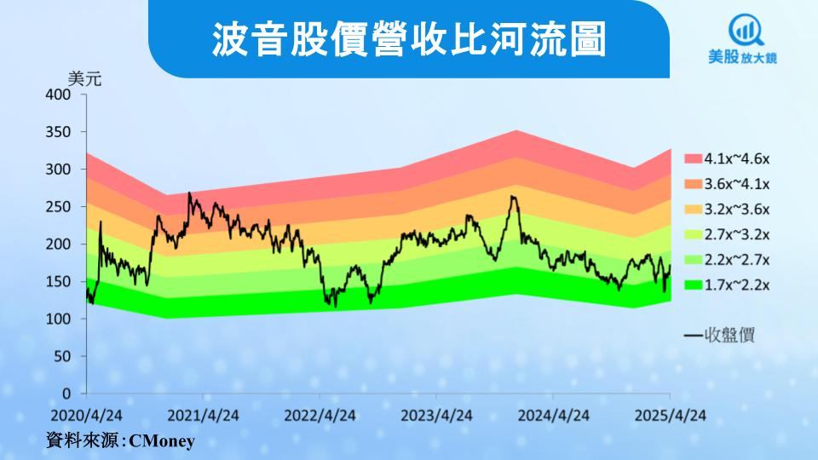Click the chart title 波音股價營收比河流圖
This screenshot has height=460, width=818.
(408, 39)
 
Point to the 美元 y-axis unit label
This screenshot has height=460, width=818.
(84, 78)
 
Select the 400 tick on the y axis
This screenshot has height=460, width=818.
(57, 95)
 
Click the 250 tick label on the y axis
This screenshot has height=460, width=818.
(57, 206)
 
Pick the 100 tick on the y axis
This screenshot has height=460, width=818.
(57, 319)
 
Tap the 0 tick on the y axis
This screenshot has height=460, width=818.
(66, 394)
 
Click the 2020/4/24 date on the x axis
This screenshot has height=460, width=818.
(87, 416)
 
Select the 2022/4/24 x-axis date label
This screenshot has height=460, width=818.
(320, 416)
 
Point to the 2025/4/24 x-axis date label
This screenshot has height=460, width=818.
(671, 416)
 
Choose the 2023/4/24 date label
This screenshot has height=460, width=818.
(436, 416)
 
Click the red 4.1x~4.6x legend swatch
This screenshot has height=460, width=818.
(694, 158)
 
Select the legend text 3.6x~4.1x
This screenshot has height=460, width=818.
(736, 184)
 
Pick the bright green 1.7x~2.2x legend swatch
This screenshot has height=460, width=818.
(694, 285)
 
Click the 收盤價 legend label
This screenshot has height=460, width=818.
(729, 336)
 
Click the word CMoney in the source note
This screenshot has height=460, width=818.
(162, 441)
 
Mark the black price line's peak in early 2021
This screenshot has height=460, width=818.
(189, 193)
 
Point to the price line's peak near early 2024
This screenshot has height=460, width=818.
(512, 196)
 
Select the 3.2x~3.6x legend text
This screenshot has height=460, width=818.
(736, 210)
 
